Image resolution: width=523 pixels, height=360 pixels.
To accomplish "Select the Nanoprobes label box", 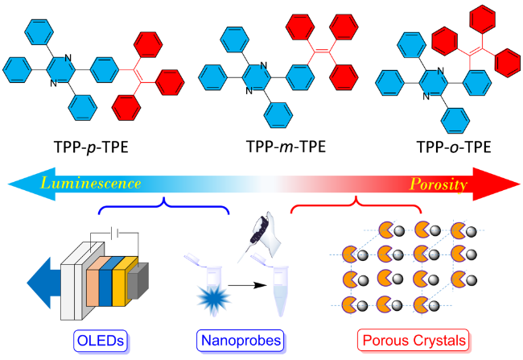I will tap(239, 340).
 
